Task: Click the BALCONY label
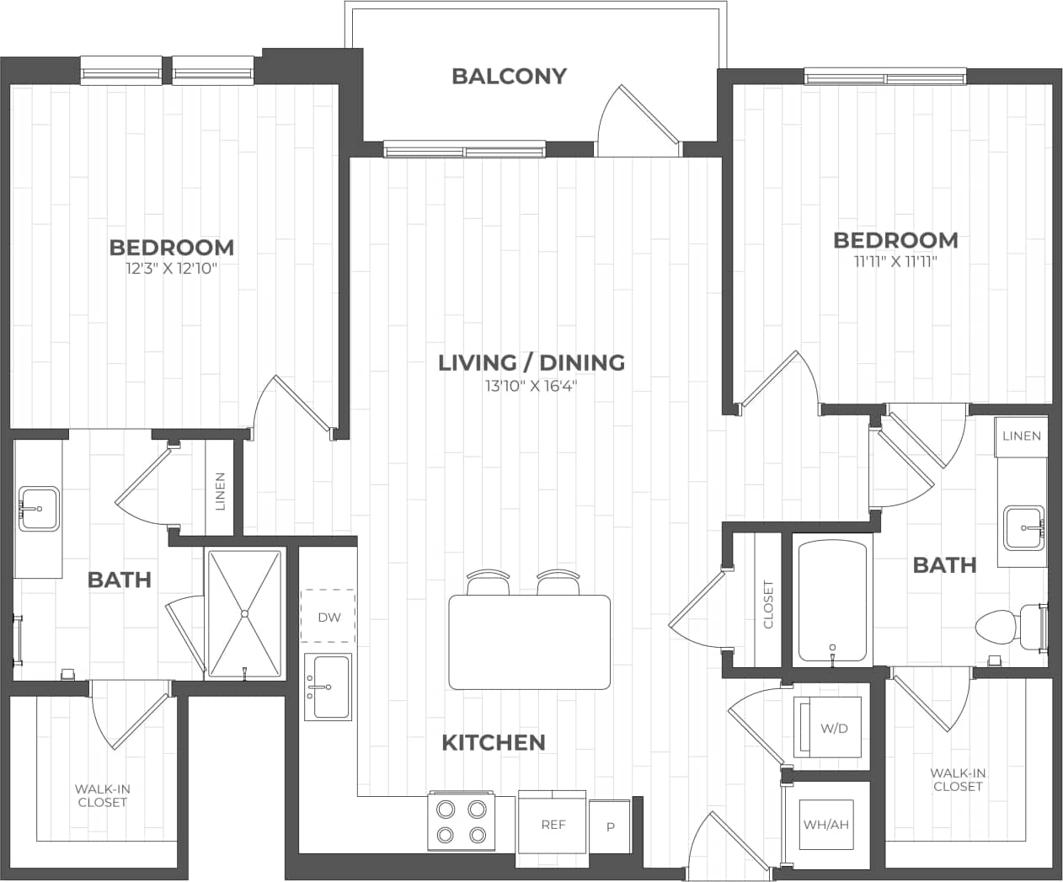(x=509, y=76)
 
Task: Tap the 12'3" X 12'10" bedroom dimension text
(x=171, y=270)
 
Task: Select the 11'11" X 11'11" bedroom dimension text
(x=895, y=262)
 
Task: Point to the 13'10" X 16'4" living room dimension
(x=531, y=387)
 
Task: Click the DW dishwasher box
(x=329, y=617)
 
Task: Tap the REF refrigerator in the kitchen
(x=553, y=824)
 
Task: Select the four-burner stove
(x=461, y=821)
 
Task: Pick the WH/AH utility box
(x=825, y=825)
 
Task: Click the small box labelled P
(x=610, y=826)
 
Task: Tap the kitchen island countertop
(x=530, y=642)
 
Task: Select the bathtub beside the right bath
(x=832, y=601)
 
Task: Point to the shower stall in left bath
(x=244, y=612)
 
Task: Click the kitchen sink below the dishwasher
(x=328, y=687)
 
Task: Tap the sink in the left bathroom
(x=39, y=509)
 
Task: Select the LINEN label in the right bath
(x=1021, y=436)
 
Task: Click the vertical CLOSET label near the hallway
(x=767, y=604)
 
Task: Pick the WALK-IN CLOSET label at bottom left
(x=103, y=795)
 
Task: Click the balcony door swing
(x=636, y=122)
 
